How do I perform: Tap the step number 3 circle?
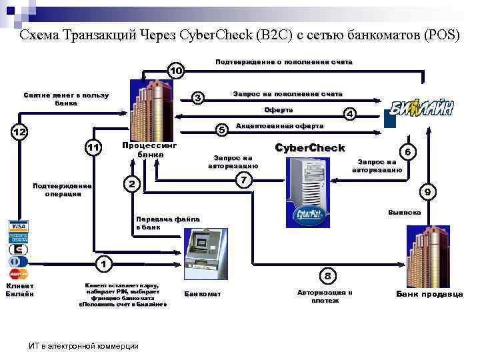[198, 98]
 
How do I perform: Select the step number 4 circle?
[349, 114]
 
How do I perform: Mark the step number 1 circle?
[103, 263]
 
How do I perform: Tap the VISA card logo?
[18, 225]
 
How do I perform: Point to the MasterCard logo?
[18, 273]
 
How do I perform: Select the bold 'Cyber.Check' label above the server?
[310, 147]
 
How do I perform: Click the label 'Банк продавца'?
[429, 294]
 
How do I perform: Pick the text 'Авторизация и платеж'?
[325, 297]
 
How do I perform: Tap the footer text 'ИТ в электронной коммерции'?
[84, 345]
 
